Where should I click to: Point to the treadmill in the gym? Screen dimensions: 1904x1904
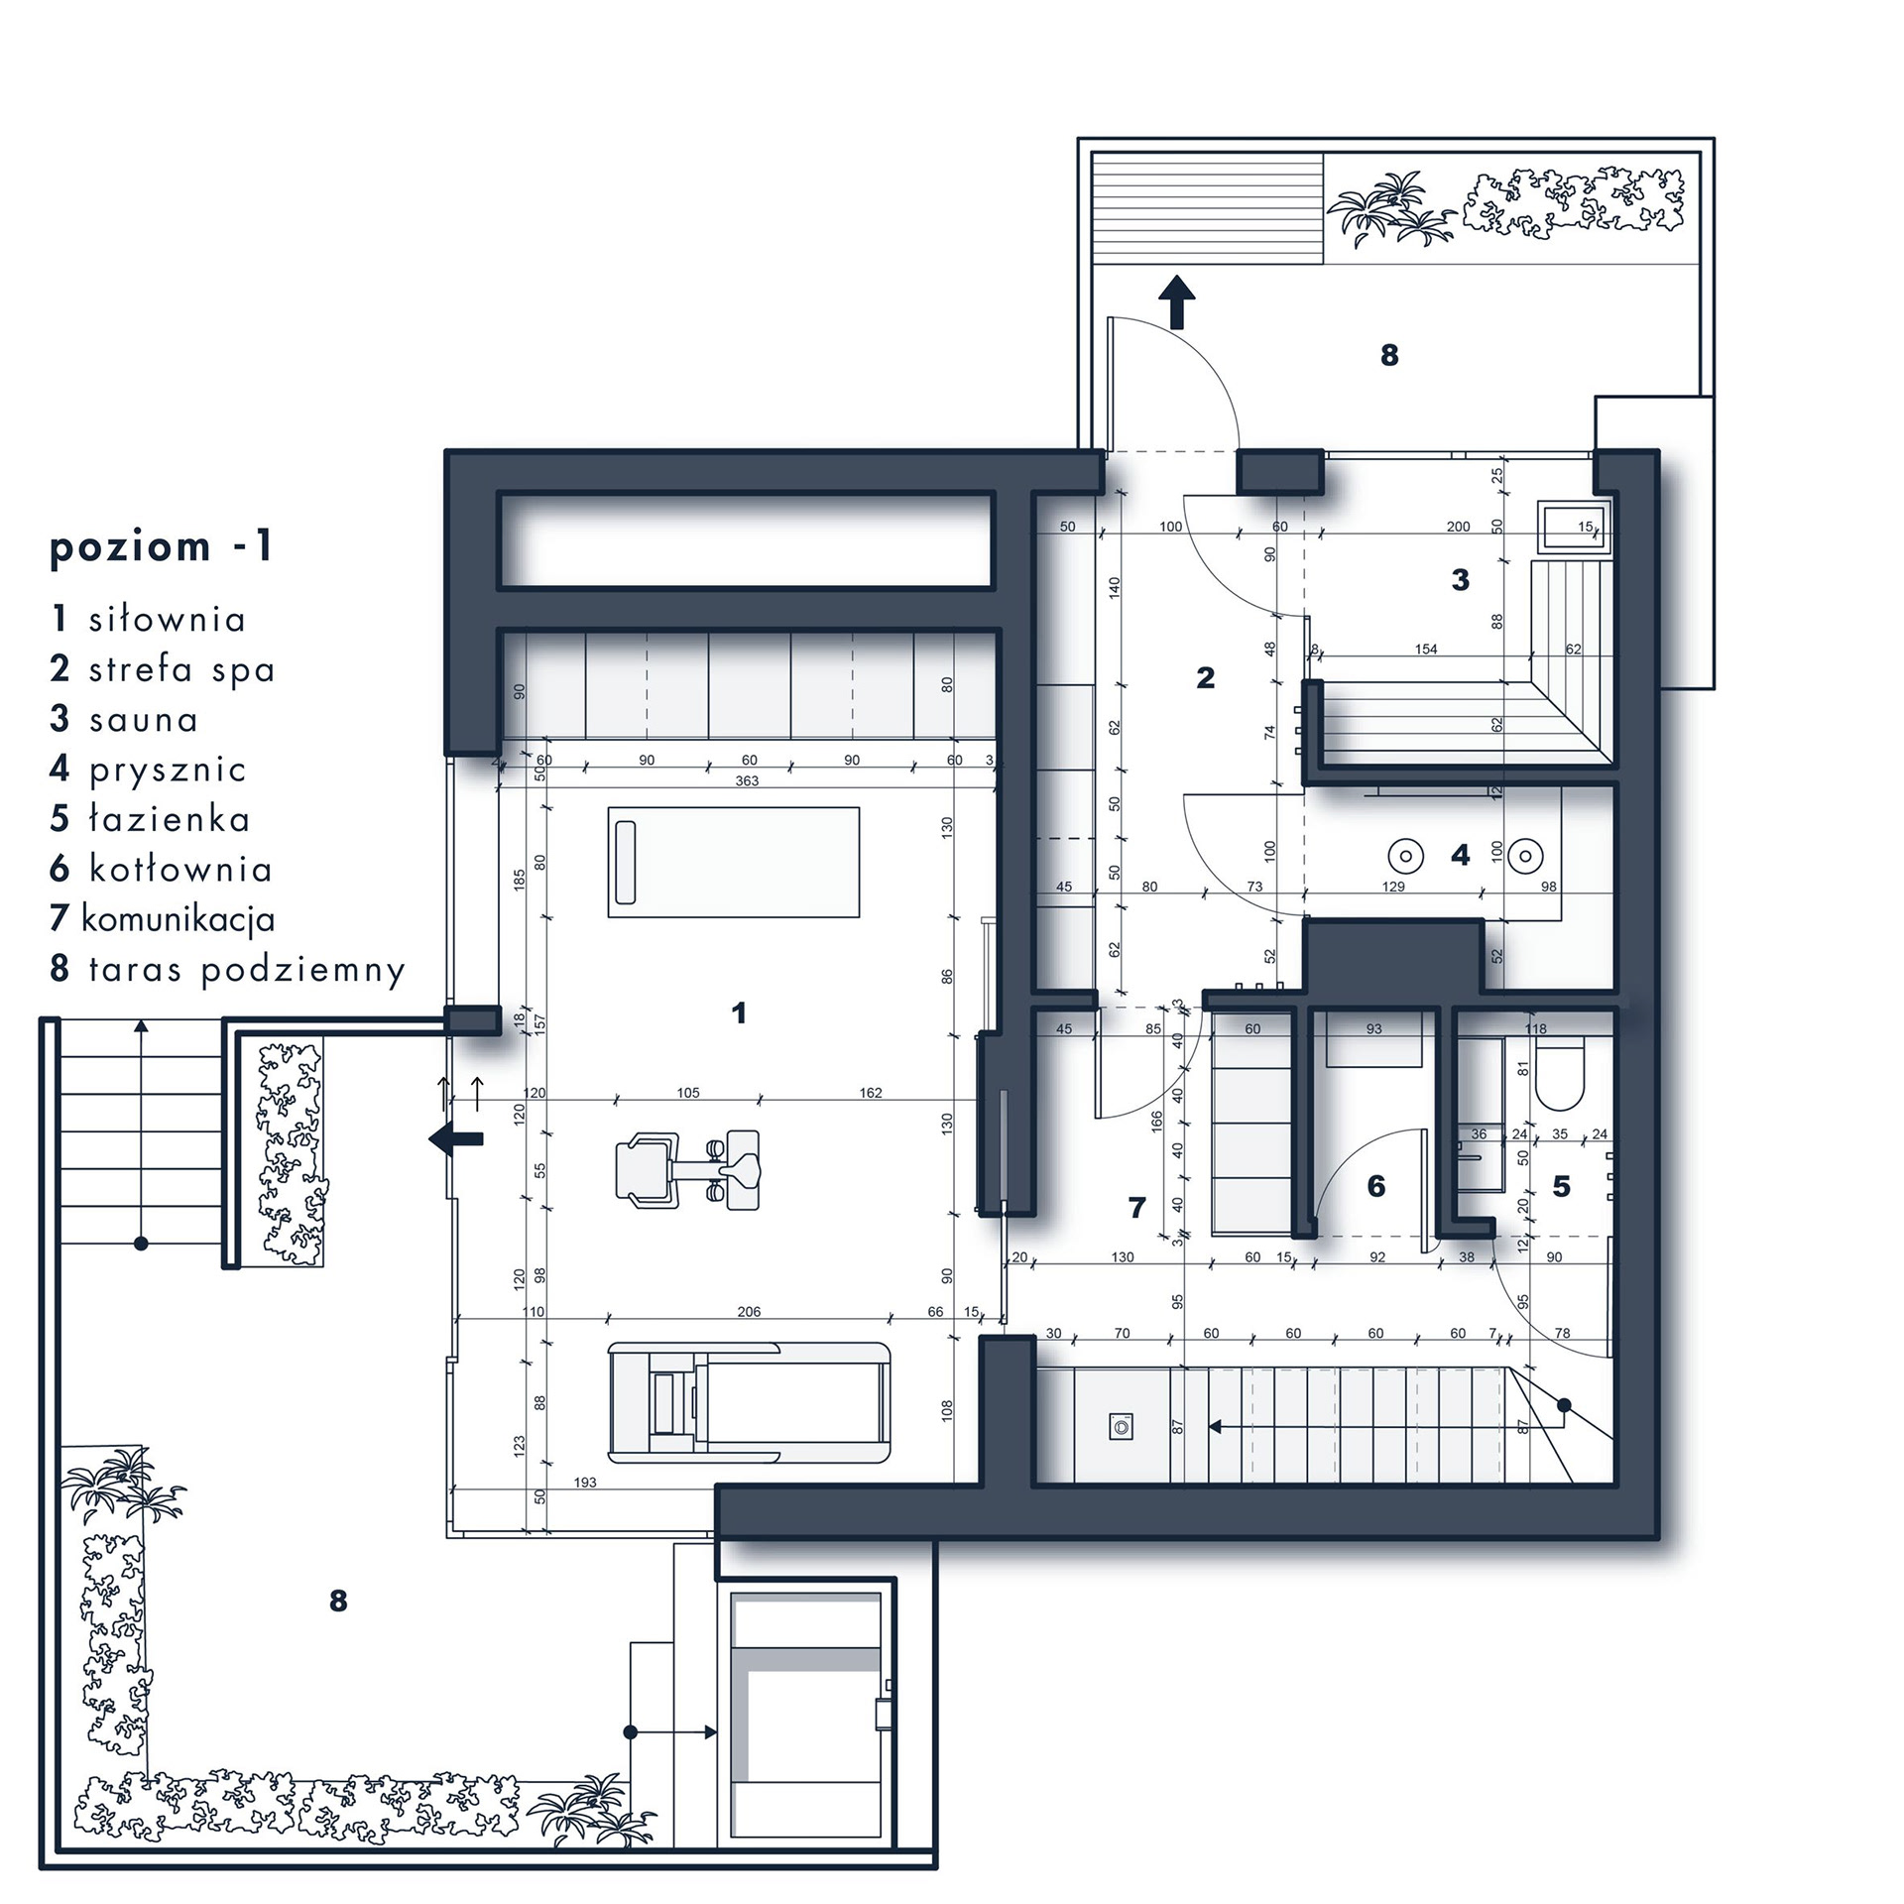pos(750,1401)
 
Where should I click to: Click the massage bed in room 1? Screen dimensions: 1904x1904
pos(734,862)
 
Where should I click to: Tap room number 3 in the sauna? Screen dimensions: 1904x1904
pos(1460,580)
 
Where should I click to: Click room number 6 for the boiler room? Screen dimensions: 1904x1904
pos(1375,1186)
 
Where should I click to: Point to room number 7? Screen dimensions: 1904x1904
pos(1136,1207)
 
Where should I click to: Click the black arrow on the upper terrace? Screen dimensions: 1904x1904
pos(1177,301)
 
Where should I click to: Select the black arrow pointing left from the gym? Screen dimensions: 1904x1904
pos(455,1139)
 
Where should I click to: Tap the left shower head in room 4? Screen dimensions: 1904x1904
pos(1405,855)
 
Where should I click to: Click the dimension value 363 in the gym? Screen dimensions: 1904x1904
pos(747,781)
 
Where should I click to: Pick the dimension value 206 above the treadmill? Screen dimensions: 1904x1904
pos(749,1312)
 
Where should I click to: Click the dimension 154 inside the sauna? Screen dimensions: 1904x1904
pos(1425,650)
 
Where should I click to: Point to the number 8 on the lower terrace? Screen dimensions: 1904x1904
pos(338,1601)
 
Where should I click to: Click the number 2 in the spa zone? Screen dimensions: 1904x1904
pos(1205,678)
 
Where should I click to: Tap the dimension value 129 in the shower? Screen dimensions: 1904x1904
pos(1393,887)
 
